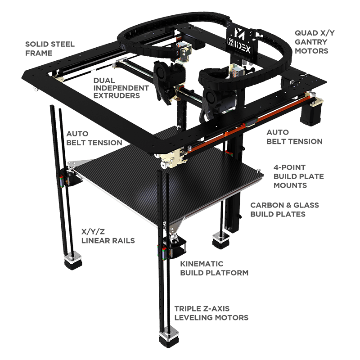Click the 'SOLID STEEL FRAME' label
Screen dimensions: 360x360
[50, 49]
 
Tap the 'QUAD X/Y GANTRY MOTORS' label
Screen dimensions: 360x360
[315, 42]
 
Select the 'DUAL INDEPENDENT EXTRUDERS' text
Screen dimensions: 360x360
[121, 88]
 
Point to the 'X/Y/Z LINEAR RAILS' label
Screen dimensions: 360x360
[108, 236]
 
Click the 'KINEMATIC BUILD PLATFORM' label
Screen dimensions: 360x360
[214, 268]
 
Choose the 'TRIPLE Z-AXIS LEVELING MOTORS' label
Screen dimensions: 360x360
[211, 313]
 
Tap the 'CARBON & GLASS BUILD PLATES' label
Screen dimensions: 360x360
[284, 209]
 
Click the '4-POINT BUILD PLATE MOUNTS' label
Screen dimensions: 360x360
[298, 176]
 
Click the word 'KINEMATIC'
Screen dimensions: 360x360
[202, 264]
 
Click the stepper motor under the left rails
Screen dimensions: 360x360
[73, 261]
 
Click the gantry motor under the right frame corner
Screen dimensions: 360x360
[310, 114]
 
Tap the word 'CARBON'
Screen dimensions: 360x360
[264, 205]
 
